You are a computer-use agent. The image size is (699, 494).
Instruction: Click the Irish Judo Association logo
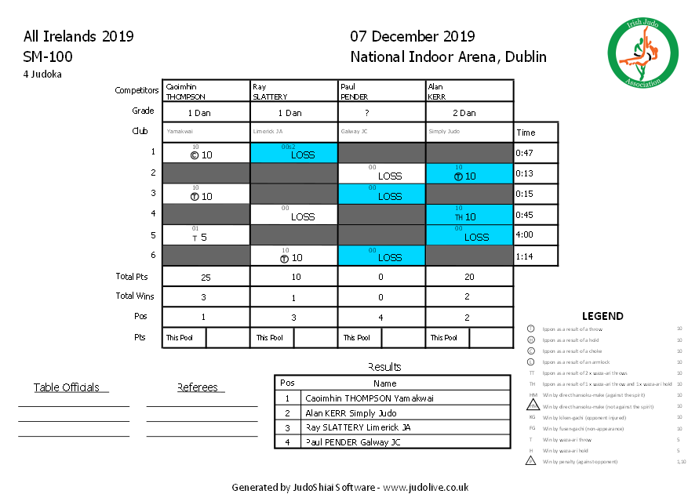pyautogui.click(x=643, y=54)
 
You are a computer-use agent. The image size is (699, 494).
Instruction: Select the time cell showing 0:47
pyautogui.click(x=536, y=154)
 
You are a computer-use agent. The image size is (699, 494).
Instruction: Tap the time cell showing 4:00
pyautogui.click(x=536, y=235)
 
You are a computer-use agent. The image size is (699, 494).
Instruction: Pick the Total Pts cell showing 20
pyautogui.click(x=469, y=277)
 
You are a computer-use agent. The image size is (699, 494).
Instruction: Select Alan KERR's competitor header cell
pyautogui.click(x=469, y=91)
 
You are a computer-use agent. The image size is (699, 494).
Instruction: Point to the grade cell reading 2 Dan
pyautogui.click(x=469, y=112)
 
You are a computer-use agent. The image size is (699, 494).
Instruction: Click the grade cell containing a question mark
pyautogui.click(x=381, y=112)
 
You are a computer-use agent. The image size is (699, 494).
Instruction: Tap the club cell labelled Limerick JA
pyautogui.click(x=293, y=132)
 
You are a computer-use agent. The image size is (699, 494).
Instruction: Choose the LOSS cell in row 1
pyautogui.click(x=293, y=154)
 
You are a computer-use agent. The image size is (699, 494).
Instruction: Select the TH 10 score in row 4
pyautogui.click(x=469, y=215)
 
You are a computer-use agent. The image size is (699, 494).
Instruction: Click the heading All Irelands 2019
pyautogui.click(x=78, y=37)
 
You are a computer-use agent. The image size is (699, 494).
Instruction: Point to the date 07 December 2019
pyautogui.click(x=412, y=37)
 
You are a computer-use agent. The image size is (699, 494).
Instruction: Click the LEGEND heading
pyautogui.click(x=603, y=316)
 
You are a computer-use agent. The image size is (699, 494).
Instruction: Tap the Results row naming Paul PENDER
pyautogui.click(x=352, y=442)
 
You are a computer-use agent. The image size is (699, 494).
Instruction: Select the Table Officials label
pyautogui.click(x=67, y=387)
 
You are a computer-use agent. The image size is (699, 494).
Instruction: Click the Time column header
pyautogui.click(x=526, y=133)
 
